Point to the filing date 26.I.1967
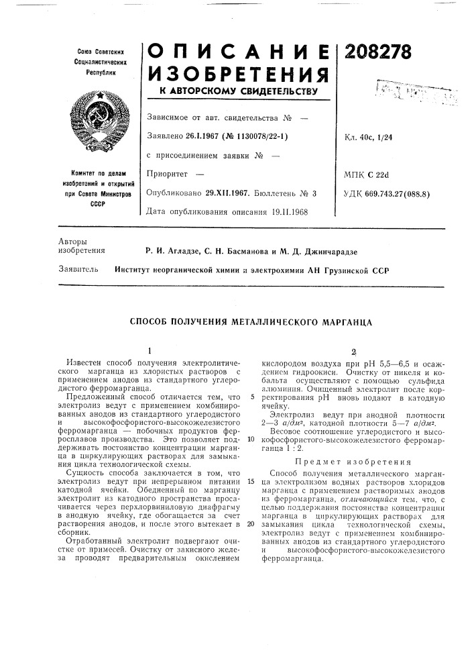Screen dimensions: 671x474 click(203, 137)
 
